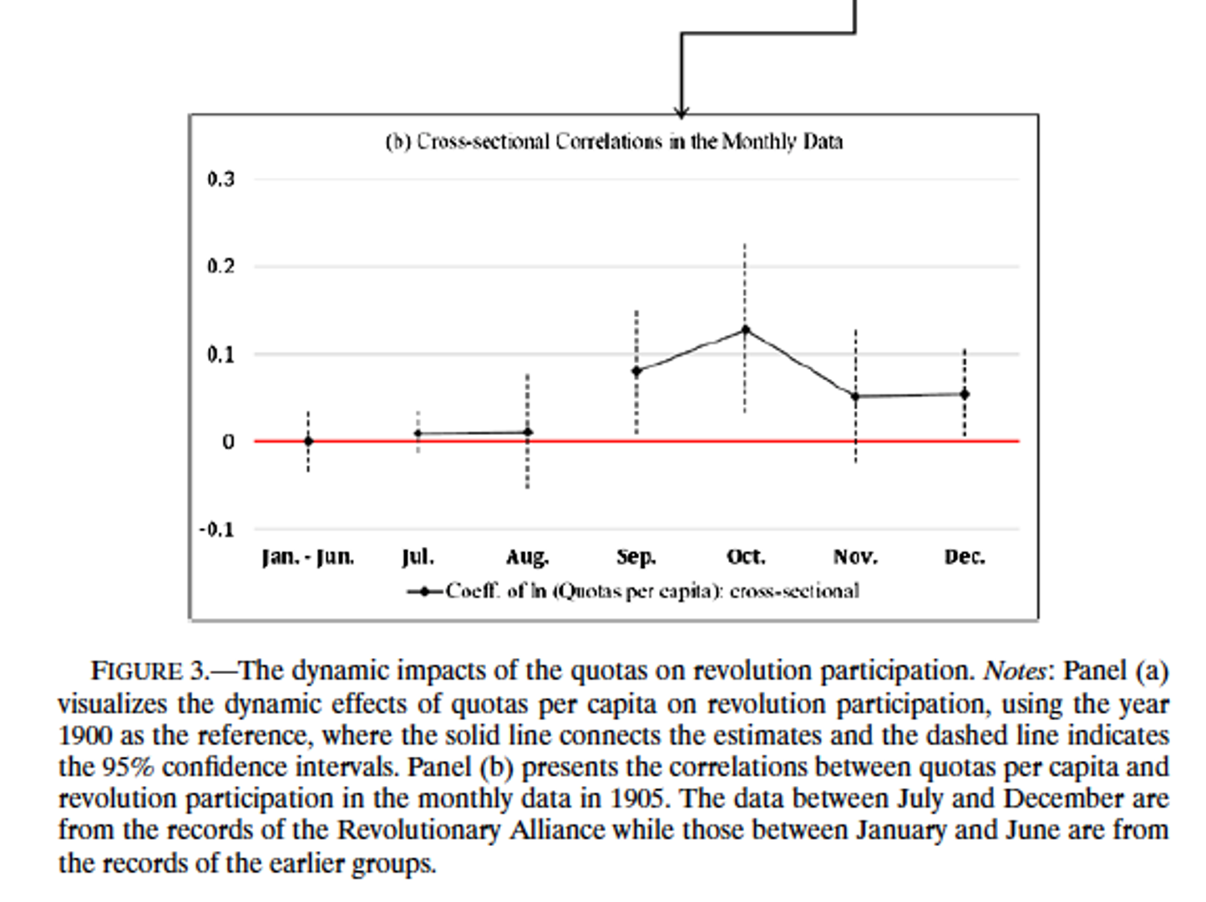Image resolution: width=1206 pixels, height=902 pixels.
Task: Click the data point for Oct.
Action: pyautogui.click(x=745, y=330)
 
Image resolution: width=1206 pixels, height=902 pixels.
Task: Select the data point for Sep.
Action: pyautogui.click(x=636, y=371)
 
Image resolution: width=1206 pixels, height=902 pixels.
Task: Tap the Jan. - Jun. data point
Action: pyautogui.click(x=308, y=441)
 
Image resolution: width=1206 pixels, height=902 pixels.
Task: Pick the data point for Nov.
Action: pyautogui.click(x=855, y=396)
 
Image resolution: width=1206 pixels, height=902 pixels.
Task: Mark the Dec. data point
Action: pyautogui.click(x=965, y=394)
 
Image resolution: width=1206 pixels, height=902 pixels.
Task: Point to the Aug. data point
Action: pyautogui.click(x=527, y=432)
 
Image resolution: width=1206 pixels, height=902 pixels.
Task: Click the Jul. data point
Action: pyautogui.click(x=418, y=433)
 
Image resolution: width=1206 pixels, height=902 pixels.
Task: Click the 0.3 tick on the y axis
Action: pyautogui.click(x=221, y=179)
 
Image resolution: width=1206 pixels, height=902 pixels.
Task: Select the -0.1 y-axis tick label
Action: pyautogui.click(x=216, y=530)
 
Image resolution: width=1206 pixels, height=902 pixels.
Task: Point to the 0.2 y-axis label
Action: pyautogui.click(x=221, y=266)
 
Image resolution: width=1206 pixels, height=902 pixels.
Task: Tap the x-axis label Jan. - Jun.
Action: pyautogui.click(x=308, y=557)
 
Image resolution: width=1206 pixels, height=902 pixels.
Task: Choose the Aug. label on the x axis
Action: pyautogui.click(x=527, y=557)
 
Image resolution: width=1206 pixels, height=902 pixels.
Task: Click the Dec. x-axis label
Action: pyautogui.click(x=965, y=557)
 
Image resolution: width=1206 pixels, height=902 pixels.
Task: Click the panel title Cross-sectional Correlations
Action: pyautogui.click(x=614, y=141)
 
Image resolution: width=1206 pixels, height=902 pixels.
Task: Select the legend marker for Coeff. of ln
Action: pyautogui.click(x=426, y=591)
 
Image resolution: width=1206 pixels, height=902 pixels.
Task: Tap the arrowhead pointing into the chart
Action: pyautogui.click(x=682, y=112)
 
